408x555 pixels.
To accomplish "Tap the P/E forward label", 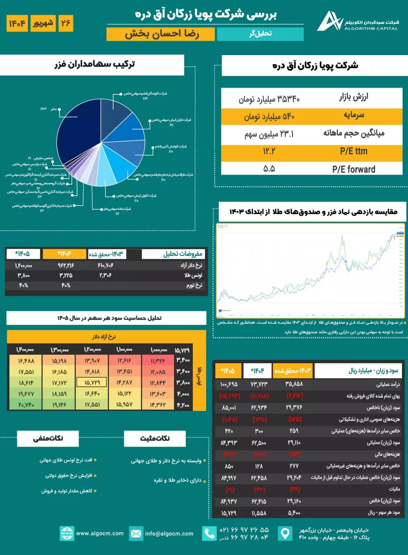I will coord(353,169).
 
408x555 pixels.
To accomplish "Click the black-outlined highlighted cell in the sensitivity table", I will coord(90,382).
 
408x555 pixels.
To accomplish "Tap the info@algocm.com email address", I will coord(169,534).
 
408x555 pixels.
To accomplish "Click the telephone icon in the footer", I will coord(210,534).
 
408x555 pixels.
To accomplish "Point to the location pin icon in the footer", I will coord(285,534).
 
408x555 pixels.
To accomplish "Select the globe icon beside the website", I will coord(66,534).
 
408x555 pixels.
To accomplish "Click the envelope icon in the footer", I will coord(136,534).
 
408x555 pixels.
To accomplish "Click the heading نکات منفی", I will coord(48,438).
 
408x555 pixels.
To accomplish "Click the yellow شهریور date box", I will coord(42,23).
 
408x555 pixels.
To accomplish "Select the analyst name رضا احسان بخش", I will coord(161,35).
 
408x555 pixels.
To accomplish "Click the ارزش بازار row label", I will coord(355,98).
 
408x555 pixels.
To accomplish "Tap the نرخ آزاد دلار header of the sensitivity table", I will coord(101,336).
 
